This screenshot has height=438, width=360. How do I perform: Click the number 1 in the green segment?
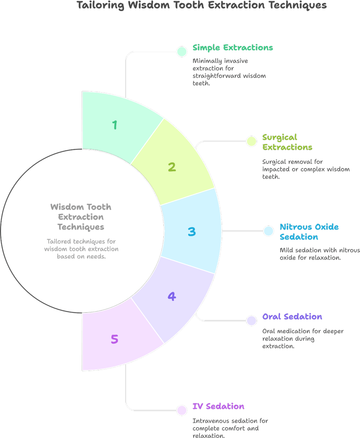115,125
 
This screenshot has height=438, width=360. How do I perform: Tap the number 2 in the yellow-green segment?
172,167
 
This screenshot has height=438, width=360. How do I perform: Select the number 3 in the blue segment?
192,232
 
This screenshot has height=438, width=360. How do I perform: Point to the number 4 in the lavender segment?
172,296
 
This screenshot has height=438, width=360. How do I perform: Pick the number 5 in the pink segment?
114,339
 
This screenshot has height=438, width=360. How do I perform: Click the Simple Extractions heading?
233,48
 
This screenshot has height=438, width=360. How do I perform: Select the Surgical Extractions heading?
287,142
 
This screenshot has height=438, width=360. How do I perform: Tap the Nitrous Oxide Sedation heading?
309,232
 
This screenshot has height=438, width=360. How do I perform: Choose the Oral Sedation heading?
292,317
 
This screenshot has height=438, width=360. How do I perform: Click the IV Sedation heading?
219,406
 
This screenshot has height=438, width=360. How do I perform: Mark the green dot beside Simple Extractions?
182,52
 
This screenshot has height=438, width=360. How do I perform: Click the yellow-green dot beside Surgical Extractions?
252,141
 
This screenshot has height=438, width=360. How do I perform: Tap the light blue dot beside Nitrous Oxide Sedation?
269,231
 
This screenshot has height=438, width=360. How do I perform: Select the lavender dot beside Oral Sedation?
252,321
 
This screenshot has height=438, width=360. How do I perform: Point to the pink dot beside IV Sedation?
182,410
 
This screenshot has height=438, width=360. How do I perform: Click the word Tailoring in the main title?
100,5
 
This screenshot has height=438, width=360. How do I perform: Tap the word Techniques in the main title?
298,5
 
